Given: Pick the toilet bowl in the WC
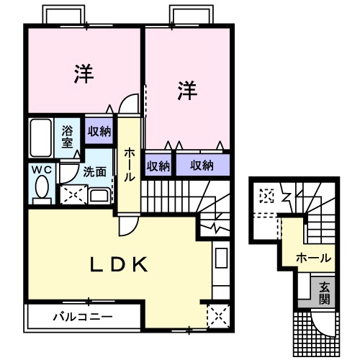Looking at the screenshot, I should tap(41, 189).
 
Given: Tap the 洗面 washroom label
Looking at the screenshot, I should tap(94, 172).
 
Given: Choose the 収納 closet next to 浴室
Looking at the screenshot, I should tap(99, 131).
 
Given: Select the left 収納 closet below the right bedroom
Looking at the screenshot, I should tap(158, 166).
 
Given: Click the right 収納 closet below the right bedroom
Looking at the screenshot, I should tap(202, 166).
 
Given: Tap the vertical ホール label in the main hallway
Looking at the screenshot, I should tap(129, 164).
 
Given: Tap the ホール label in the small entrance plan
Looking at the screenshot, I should tap(314, 257).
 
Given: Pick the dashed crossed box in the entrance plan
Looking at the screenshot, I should tap(267, 196).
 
